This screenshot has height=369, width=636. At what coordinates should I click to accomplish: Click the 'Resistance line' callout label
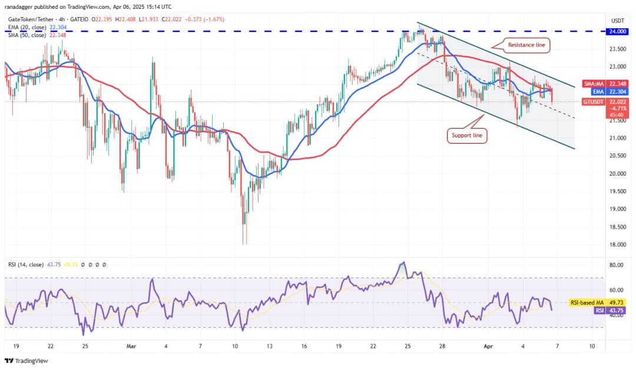coord(526,45)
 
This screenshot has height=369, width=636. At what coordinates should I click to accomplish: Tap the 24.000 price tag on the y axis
coord(617,31)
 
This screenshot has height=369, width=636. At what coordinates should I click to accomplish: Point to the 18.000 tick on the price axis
coord(617,245)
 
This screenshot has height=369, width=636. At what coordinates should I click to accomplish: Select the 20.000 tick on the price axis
coord(617,173)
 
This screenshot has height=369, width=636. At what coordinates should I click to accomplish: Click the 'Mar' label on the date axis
coord(131,346)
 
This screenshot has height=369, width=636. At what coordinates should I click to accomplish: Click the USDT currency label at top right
coord(618,20)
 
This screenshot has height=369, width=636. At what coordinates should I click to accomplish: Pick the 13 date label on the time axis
coord(269,346)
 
